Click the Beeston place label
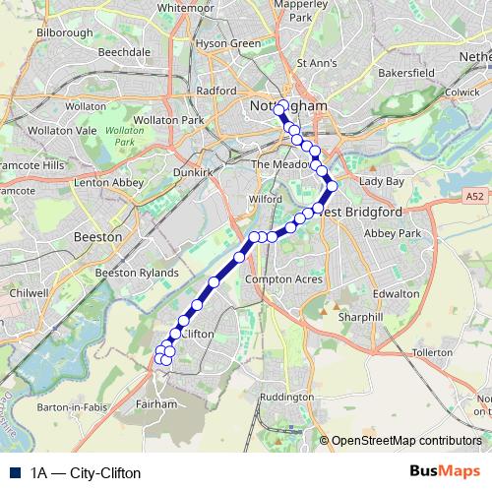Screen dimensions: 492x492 coord(98,237)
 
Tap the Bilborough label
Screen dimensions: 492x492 coord(64,32)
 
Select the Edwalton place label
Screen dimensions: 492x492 coord(397,293)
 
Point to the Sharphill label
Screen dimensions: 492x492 coord(359,319)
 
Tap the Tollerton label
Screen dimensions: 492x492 coord(433,351)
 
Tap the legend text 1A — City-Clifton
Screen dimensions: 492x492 coord(86,473)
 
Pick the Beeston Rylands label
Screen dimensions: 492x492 coord(137,273)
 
